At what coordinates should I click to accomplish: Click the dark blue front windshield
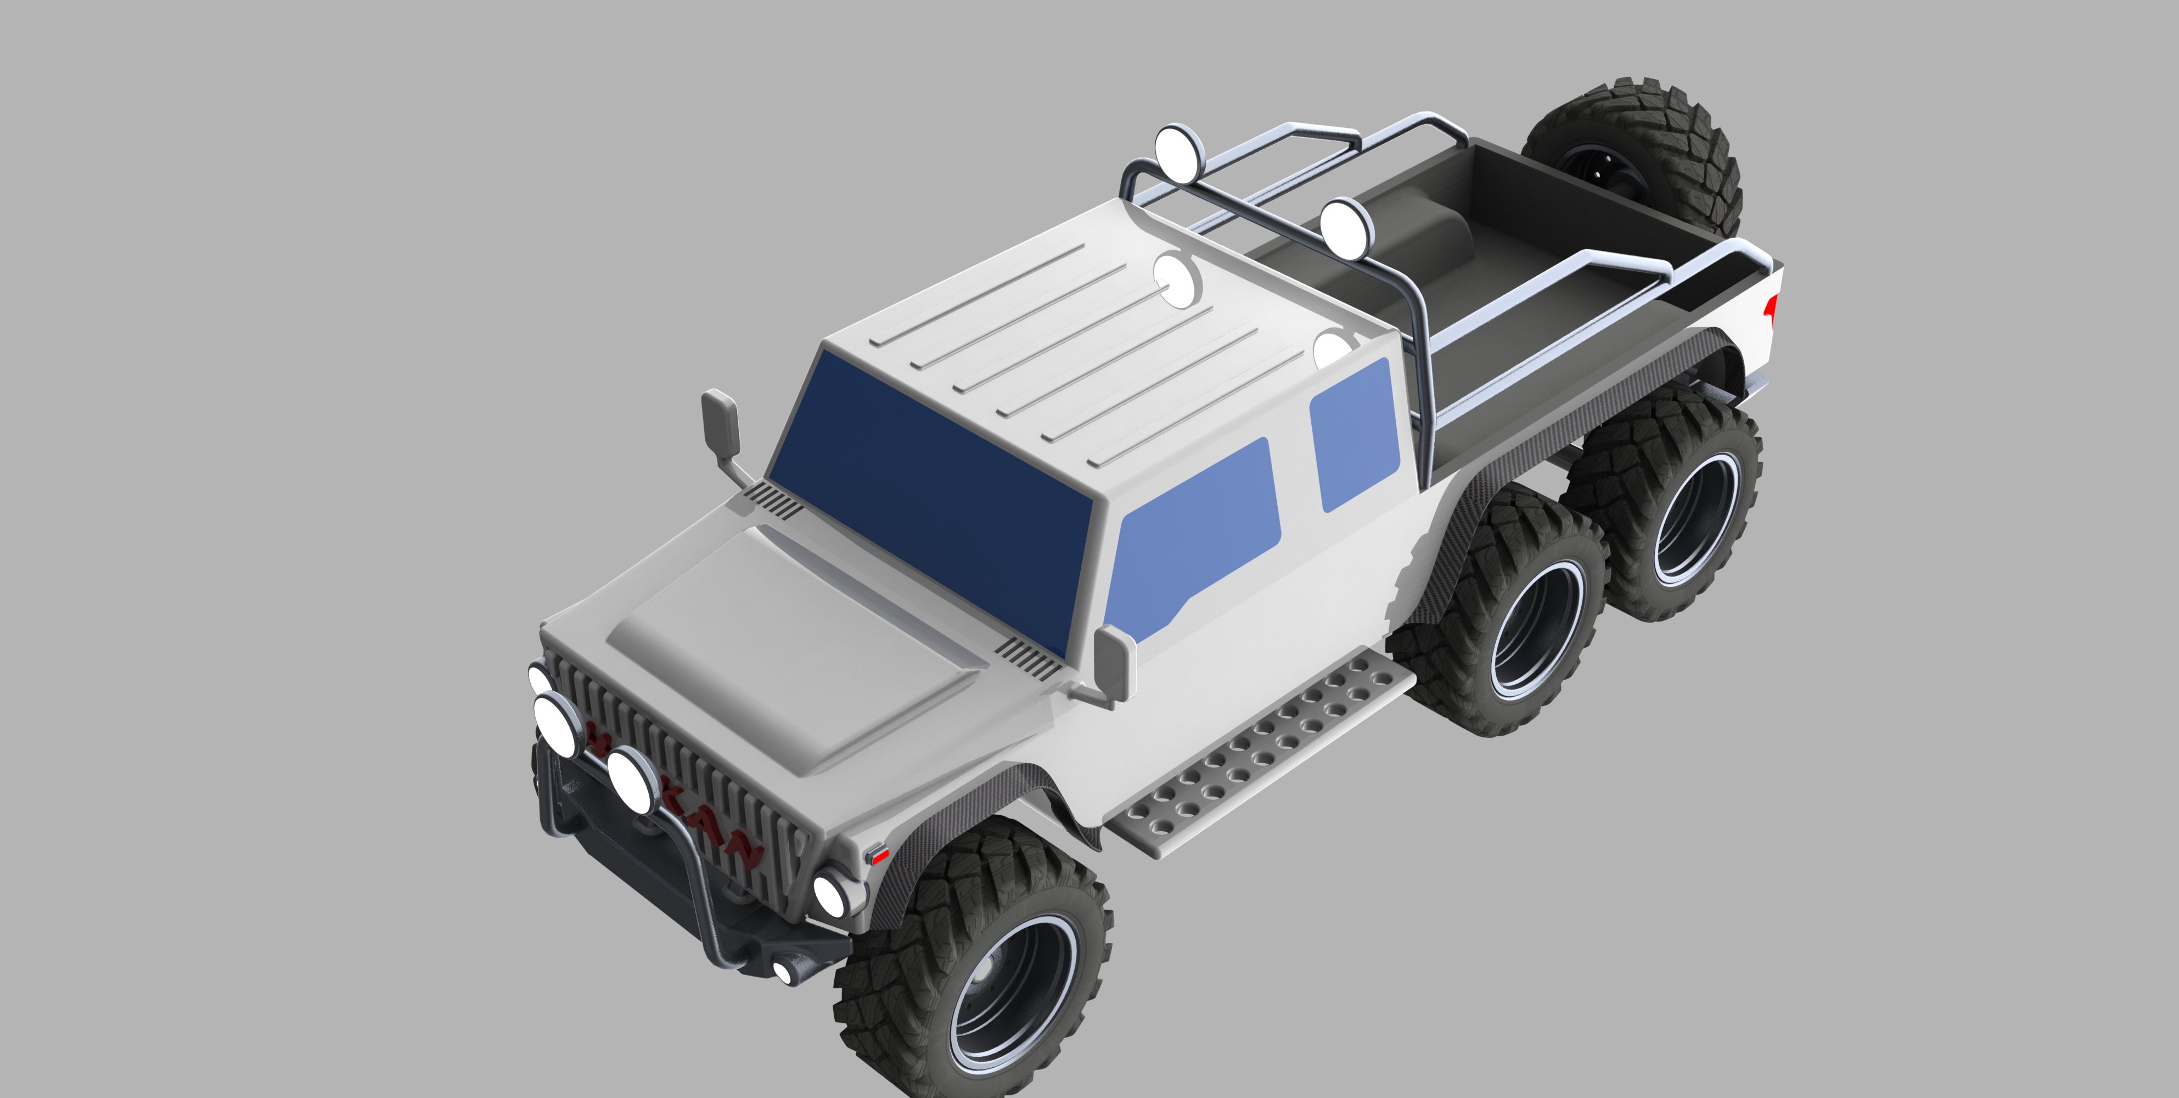coord(930,499)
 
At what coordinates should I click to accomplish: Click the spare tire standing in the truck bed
coord(1632,161)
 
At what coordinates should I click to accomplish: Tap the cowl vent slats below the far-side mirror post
coord(774,498)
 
